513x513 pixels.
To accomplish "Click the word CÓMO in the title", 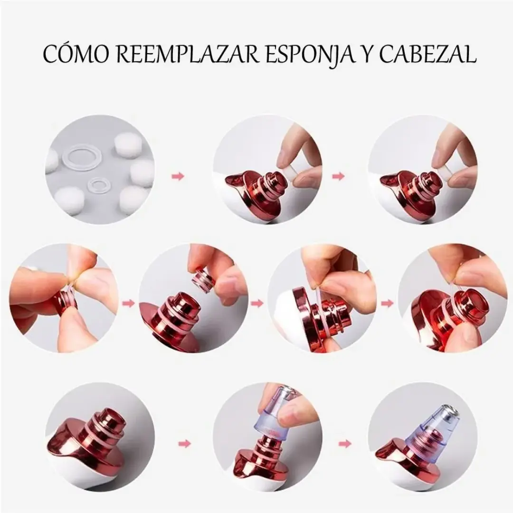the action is (76, 54).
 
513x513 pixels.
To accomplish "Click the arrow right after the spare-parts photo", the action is (178, 177).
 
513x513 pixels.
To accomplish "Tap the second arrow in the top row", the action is (338, 177).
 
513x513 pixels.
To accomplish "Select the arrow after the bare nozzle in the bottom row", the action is (185, 444).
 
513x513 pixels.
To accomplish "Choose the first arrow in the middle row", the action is (129, 304).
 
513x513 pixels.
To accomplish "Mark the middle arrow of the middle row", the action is (257, 304).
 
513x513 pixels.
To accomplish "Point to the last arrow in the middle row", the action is (388, 304).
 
